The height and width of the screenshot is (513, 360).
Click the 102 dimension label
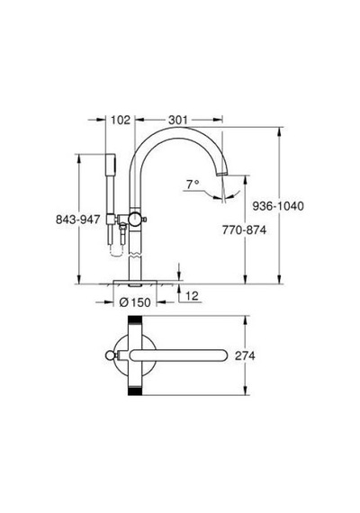[121, 120]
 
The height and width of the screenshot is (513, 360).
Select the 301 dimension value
[178, 120]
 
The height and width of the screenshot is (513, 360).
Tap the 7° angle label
[193, 184]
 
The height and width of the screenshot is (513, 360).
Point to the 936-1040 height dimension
[278, 206]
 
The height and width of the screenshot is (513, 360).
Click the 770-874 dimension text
[244, 230]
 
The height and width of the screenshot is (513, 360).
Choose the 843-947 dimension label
[78, 220]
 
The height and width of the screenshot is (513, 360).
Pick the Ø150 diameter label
[135, 302]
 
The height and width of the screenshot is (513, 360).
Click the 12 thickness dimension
[192, 296]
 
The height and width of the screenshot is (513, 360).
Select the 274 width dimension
[245, 355]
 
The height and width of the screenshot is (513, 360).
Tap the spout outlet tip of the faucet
[222, 173]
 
